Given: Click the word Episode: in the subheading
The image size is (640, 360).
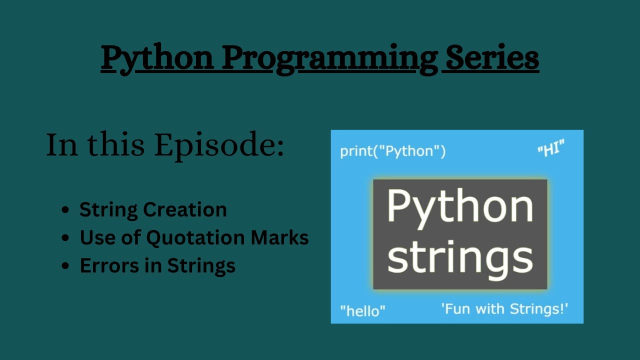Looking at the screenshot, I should pos(218,145).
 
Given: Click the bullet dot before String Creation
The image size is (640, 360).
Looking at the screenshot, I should pos(65,210).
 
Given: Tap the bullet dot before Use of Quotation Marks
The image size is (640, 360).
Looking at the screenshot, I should pos(65,238).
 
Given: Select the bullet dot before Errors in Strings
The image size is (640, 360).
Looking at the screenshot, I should pos(65,266).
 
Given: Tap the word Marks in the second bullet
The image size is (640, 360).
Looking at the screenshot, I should pos(279,237).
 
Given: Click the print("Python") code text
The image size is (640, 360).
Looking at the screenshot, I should pos(392,151).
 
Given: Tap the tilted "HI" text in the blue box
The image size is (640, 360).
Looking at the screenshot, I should pos(551,149).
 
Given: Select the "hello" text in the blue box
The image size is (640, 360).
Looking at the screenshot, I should pos(362,310).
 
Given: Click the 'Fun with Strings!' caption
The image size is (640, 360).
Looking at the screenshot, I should pos(504,308).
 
